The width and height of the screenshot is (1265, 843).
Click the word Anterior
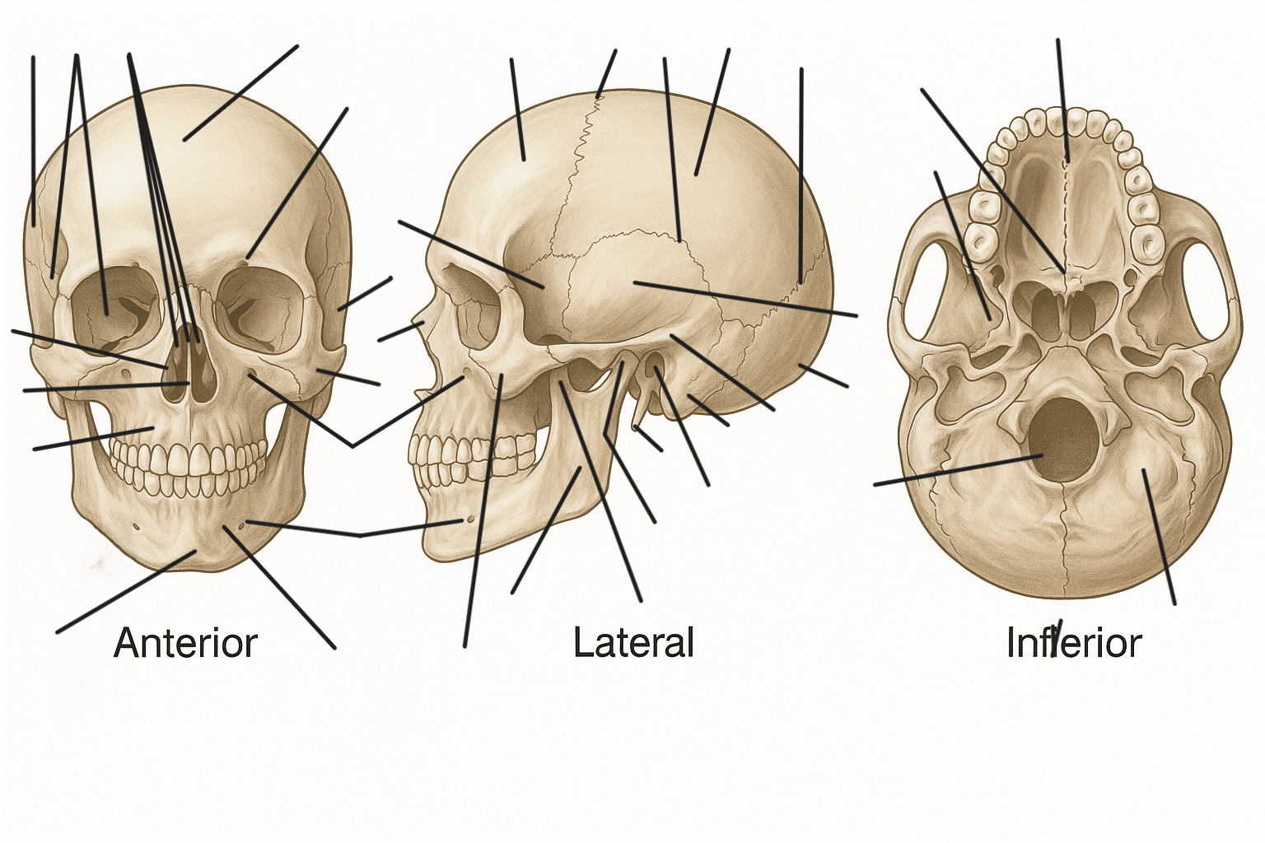tap(186, 643)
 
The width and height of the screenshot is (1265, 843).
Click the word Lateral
tap(633, 642)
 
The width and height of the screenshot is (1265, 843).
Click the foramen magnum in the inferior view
tap(1064, 439)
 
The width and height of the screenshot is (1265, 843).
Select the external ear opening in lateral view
tap(656, 364)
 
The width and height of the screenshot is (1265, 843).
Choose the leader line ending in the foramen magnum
tap(959, 470)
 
